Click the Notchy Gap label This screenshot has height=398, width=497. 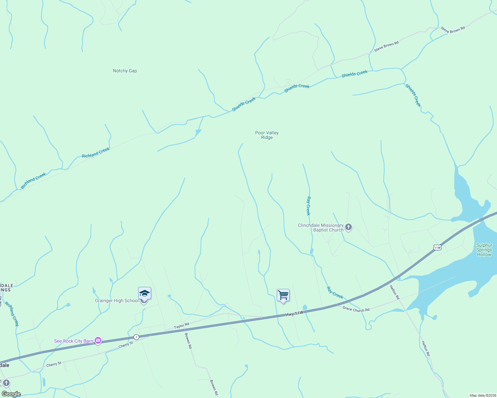pyautogui.click(x=125, y=71)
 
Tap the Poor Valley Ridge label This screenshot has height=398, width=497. pyautogui.click(x=267, y=135)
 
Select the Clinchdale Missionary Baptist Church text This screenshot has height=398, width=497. pyautogui.click(x=321, y=228)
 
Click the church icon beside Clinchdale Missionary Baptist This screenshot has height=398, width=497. pyautogui.click(x=348, y=227)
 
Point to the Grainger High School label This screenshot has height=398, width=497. pyautogui.click(x=117, y=300)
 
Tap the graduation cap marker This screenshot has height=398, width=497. pyautogui.click(x=145, y=294)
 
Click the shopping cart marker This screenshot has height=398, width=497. pyautogui.click(x=283, y=295)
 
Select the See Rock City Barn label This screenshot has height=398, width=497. pyautogui.click(x=73, y=341)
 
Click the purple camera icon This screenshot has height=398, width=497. pyautogui.click(x=98, y=340)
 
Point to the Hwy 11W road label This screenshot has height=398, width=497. pyautogui.click(x=294, y=313)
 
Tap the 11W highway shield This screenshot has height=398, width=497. pyautogui.click(x=437, y=247)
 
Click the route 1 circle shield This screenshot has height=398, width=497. pyautogui.click(x=136, y=337)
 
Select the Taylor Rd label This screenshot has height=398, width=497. pyautogui.click(x=181, y=326)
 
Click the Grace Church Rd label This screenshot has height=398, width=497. pyautogui.click(x=356, y=309)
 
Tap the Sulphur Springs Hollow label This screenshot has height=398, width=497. pyautogui.click(x=484, y=250)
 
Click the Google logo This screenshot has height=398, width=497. pyautogui.click(x=11, y=394)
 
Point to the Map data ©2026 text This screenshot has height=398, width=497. pyautogui.click(x=482, y=395)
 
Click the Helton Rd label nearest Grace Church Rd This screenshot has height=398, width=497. pyautogui.click(x=394, y=292)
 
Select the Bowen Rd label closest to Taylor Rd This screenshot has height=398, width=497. pyautogui.click(x=188, y=341)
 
